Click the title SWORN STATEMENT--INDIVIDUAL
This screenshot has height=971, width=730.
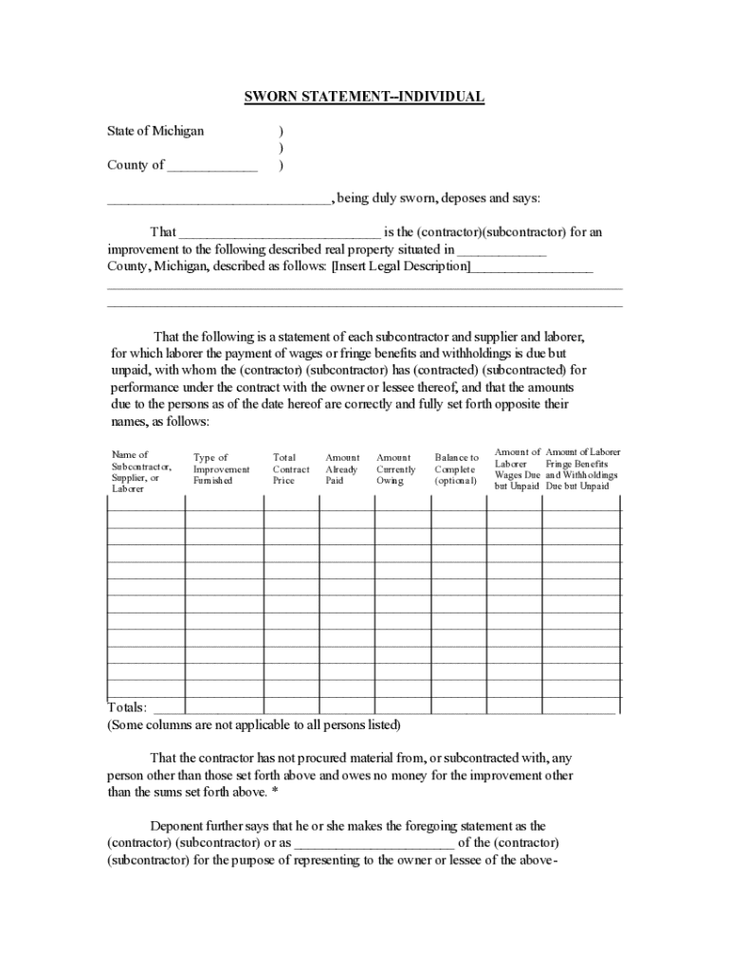364,97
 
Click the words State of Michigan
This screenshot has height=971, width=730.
155,131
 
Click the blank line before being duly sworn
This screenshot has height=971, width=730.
218,200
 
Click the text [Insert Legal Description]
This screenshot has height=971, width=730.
400,266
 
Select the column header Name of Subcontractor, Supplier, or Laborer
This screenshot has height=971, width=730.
141,471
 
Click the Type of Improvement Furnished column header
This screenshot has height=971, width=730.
221,469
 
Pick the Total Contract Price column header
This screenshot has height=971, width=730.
290,469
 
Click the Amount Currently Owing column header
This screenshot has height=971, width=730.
395,469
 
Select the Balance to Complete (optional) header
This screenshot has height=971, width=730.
457,469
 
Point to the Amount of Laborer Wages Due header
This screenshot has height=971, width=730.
517,469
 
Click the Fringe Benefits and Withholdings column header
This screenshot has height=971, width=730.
582,469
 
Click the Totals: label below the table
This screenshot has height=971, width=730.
127,707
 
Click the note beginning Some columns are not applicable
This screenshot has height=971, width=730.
253,725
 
